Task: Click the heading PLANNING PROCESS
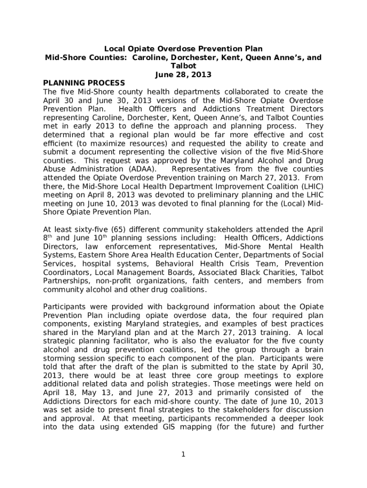(84, 83)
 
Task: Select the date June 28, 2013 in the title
(183, 74)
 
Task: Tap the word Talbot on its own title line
(183, 66)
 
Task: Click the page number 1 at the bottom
(183, 454)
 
